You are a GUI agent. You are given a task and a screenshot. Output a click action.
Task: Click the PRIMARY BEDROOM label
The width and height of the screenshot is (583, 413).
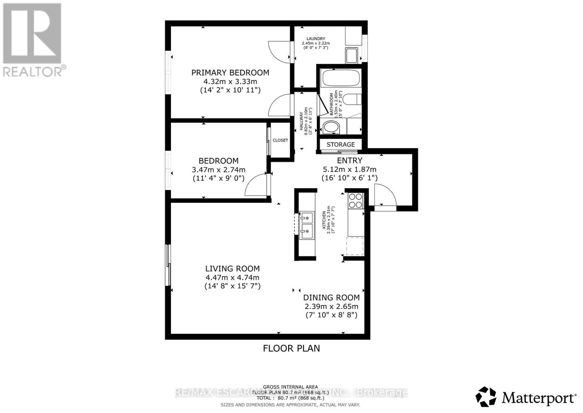pyautogui.click(x=230, y=73)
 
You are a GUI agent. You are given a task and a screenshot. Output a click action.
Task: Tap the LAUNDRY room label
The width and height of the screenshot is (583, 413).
pyautogui.click(x=316, y=39)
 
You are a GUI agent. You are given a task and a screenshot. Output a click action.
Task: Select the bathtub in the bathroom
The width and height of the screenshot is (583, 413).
pyautogui.click(x=340, y=78)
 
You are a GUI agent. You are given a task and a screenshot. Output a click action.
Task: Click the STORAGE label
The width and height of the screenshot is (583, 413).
pyautogui.click(x=340, y=144)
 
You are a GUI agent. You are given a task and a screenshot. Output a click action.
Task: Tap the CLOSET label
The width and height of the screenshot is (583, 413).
pyautogui.click(x=280, y=140)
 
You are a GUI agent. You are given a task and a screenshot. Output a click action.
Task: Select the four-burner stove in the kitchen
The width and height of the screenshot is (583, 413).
pyautogui.click(x=356, y=200)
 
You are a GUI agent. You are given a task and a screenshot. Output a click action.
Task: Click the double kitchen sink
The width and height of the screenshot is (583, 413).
pyautogui.click(x=306, y=225)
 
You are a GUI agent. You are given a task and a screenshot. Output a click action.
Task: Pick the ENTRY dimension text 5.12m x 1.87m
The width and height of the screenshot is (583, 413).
pyautogui.click(x=349, y=169)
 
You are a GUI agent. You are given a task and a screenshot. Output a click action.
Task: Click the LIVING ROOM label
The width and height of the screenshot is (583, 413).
pyautogui.click(x=232, y=269)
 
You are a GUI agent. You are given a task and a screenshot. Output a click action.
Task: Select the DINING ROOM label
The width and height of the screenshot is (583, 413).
pyautogui.click(x=331, y=298)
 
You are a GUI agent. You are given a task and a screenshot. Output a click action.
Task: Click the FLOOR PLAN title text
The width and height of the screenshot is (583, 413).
pyautogui.click(x=291, y=348)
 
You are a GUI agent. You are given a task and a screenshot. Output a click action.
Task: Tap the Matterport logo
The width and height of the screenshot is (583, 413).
pyautogui.click(x=526, y=397)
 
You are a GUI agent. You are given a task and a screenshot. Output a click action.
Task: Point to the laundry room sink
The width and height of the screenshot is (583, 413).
pyautogui.click(x=352, y=55)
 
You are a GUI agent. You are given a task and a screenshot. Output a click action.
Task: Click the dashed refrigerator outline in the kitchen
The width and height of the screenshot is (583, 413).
pyautogui.click(x=355, y=246)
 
